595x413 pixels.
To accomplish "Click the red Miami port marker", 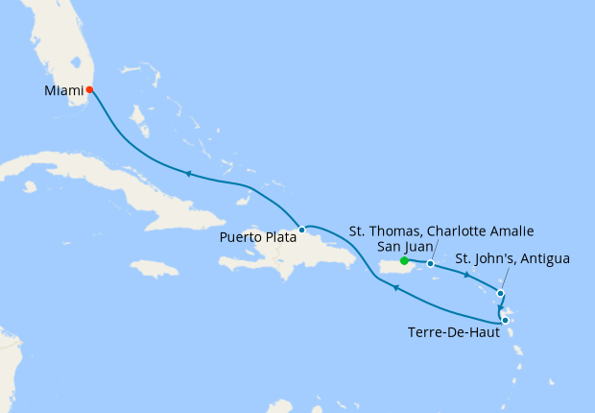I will (x=89, y=90).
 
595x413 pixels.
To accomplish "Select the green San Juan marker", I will (x=404, y=260).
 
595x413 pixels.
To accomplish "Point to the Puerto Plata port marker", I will (x=301, y=230).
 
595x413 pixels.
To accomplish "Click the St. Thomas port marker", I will (x=430, y=263).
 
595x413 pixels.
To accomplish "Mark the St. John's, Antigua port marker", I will (x=500, y=293).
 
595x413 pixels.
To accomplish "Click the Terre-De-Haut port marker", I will (x=505, y=321).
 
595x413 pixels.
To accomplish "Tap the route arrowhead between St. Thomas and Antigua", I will (x=467, y=276).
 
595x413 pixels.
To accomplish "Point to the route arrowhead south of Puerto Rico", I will (x=395, y=287).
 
